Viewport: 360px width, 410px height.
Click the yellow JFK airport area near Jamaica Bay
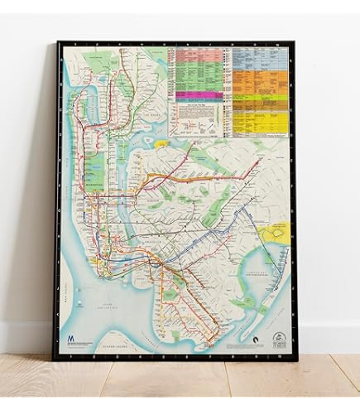(x=271, y=235)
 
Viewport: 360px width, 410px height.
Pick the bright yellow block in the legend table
(x=265, y=123)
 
